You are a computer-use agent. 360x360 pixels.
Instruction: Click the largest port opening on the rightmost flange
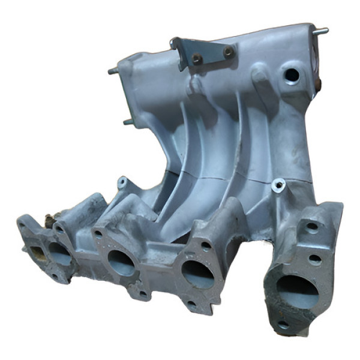pyautogui.click(x=297, y=292)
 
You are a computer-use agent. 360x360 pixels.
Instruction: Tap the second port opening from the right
pyautogui.click(x=198, y=273)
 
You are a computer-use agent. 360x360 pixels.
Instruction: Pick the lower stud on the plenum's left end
pyautogui.click(x=128, y=122)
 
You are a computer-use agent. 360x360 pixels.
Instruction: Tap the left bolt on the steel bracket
pyautogui.click(x=196, y=58)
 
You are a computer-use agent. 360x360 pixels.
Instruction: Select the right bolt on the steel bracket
pyautogui.click(x=228, y=52)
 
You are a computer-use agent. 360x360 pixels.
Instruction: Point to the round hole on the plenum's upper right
pyautogui.click(x=292, y=75)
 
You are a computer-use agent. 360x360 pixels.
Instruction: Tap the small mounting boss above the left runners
pyautogui.click(x=122, y=181)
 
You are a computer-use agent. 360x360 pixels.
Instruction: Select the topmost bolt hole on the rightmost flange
pyautogui.click(x=312, y=227)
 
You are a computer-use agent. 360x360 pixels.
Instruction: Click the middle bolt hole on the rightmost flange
pyautogui.click(x=314, y=259)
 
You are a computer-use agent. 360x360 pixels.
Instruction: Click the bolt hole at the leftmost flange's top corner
pyautogui.click(x=23, y=226)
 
